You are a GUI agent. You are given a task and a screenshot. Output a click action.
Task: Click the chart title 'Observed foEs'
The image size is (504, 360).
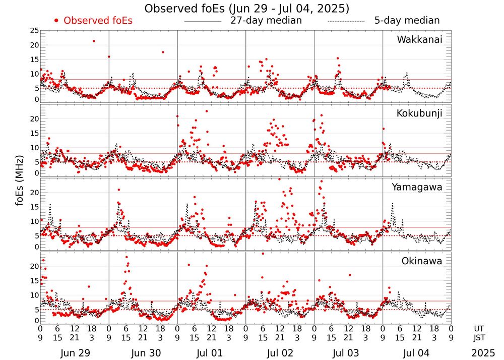click(x=246, y=9)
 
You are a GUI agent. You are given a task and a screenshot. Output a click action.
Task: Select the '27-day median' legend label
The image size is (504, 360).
click(x=266, y=21)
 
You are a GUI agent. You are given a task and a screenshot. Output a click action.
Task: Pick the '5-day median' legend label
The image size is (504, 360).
click(x=407, y=21)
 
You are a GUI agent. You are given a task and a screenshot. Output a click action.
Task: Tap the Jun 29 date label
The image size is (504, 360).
click(x=75, y=353)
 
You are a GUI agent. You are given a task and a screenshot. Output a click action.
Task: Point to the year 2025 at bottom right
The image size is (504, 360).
click(x=483, y=353)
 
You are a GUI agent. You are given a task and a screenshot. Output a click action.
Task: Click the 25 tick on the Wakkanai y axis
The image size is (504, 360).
click(x=34, y=31)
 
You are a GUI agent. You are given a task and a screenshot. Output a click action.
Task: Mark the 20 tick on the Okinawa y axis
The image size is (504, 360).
click(x=34, y=266)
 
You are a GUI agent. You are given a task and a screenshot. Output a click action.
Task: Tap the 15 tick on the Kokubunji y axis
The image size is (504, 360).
click(x=34, y=133)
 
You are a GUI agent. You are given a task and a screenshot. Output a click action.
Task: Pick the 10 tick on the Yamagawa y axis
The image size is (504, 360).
click(x=34, y=221)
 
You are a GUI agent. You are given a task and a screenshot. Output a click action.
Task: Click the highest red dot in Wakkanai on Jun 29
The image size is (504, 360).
click(x=94, y=41)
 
